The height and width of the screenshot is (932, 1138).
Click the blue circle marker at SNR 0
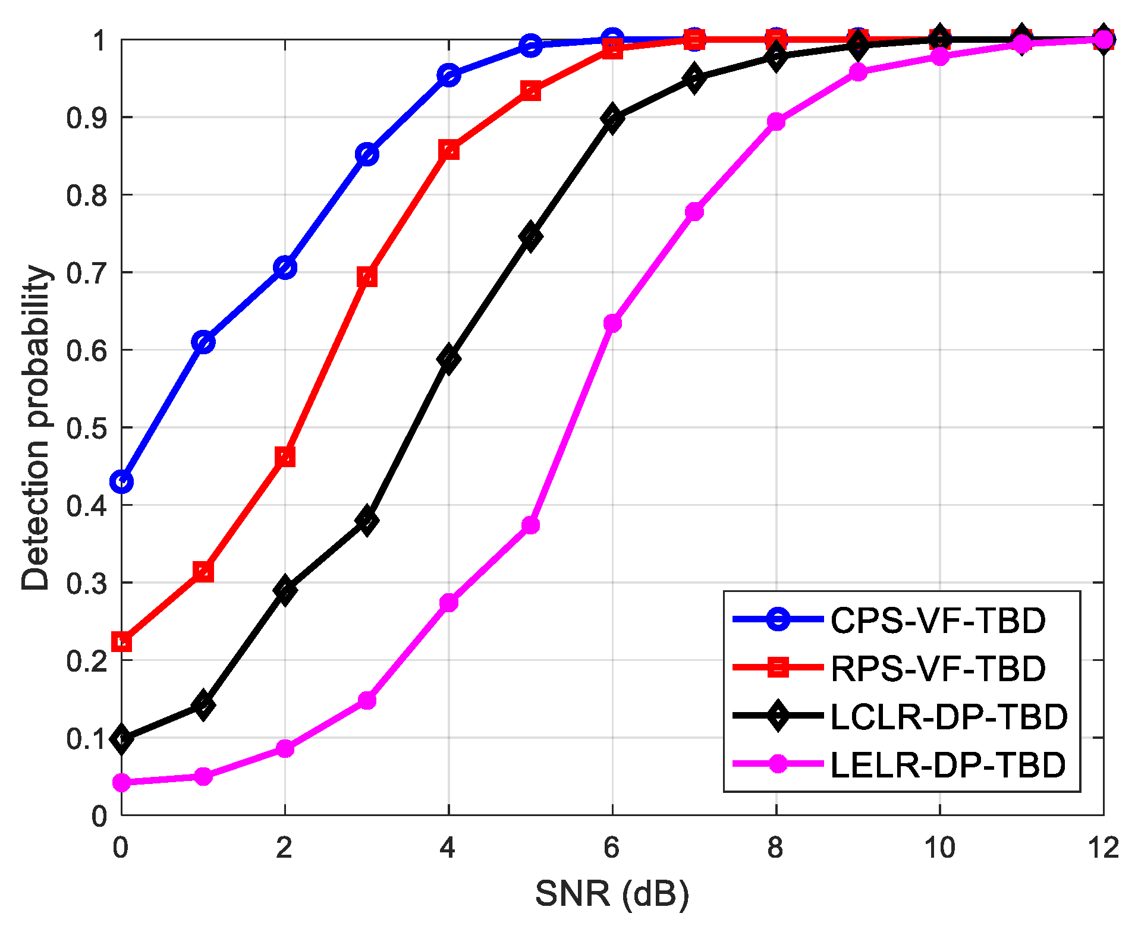pyautogui.click(x=121, y=481)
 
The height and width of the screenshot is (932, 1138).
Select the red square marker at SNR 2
pyautogui.click(x=285, y=457)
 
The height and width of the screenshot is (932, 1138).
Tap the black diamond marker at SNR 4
pyautogui.click(x=449, y=358)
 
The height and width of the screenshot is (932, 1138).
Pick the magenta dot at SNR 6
pyautogui.click(x=612, y=323)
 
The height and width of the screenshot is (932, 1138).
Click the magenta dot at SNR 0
pyautogui.click(x=121, y=783)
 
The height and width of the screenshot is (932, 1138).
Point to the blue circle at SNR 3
pyautogui.click(x=367, y=155)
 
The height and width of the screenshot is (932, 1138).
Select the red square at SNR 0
pyautogui.click(x=121, y=642)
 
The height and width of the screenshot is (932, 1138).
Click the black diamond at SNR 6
pyautogui.click(x=612, y=118)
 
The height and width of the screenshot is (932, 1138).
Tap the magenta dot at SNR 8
pyautogui.click(x=776, y=122)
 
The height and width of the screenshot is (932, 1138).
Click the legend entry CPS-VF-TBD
pyautogui.click(x=938, y=621)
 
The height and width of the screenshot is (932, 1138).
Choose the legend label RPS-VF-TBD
pyautogui.click(x=938, y=669)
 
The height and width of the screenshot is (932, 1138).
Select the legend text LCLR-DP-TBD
pyautogui.click(x=949, y=717)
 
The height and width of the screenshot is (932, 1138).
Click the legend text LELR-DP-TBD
pyautogui.click(x=948, y=765)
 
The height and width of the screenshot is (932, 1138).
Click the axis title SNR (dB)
pyautogui.click(x=612, y=893)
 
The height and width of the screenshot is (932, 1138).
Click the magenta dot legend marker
pyautogui.click(x=778, y=764)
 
